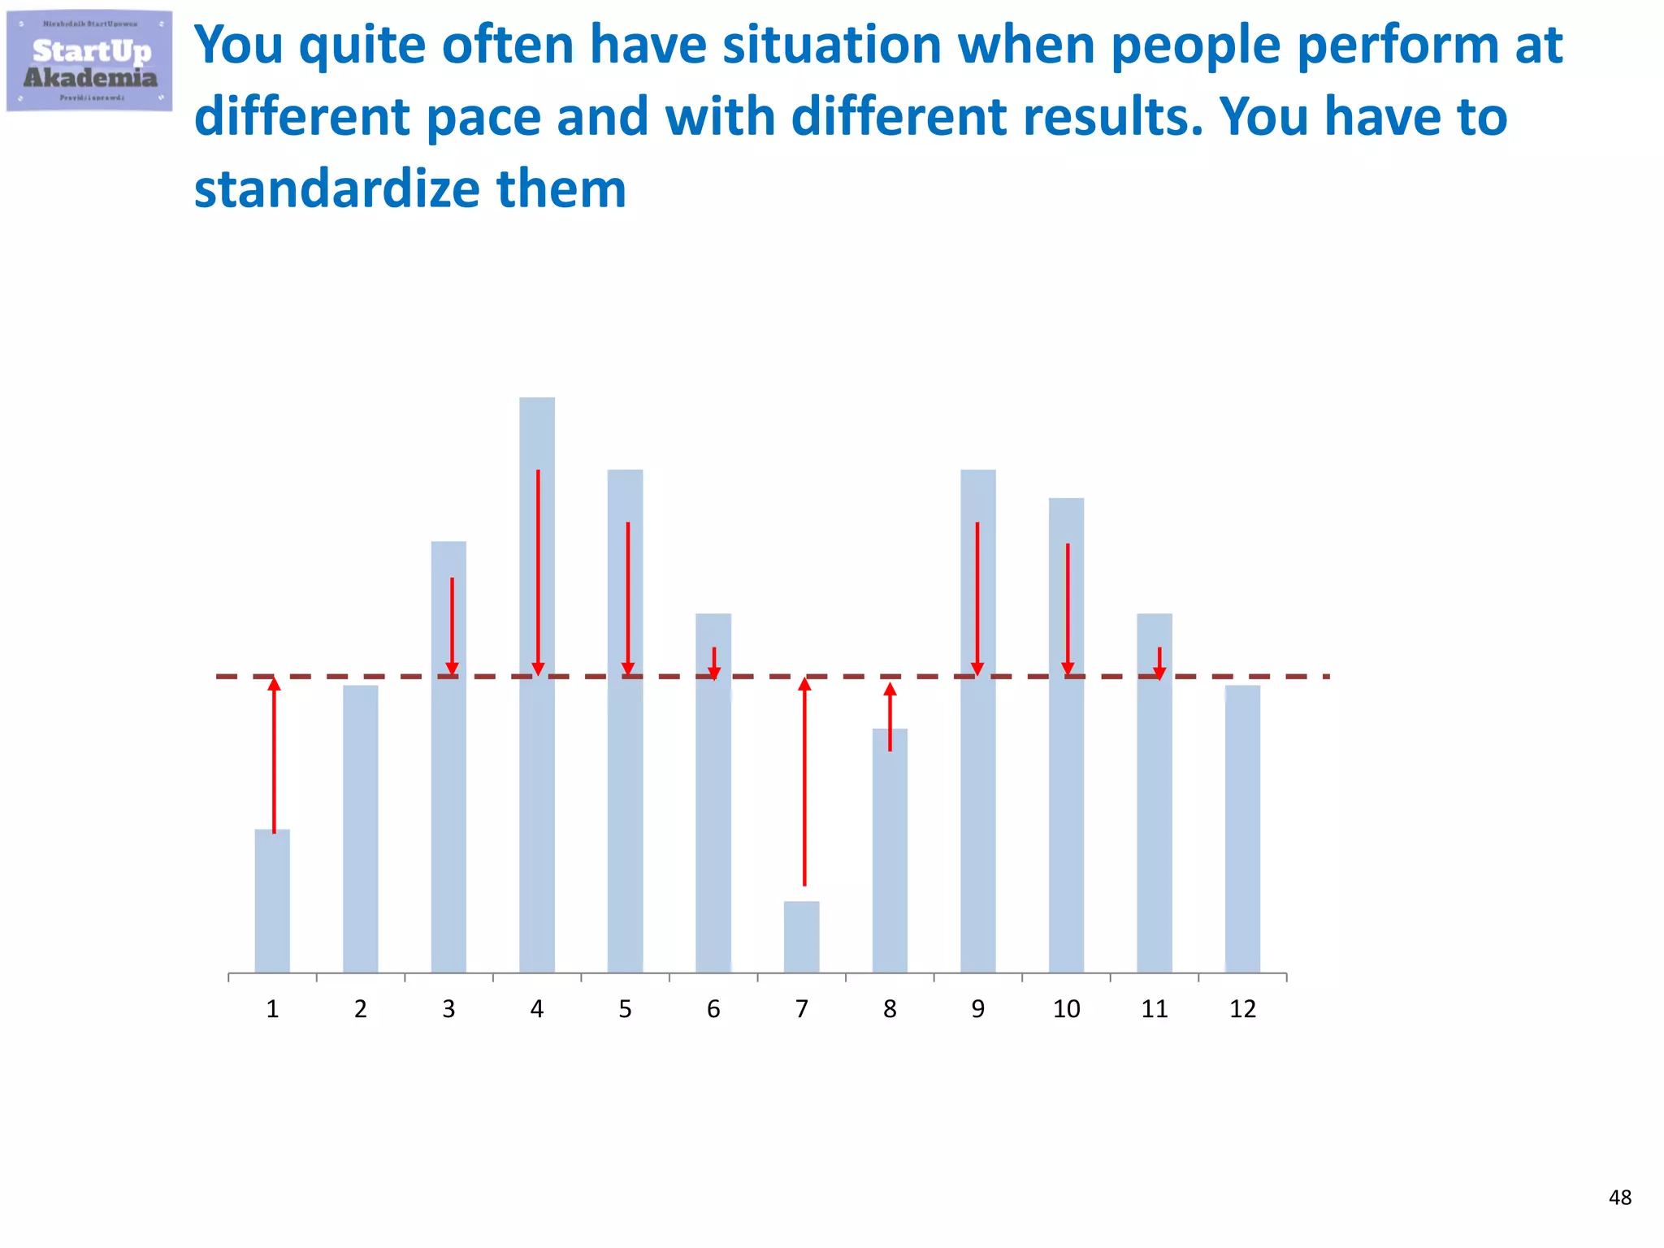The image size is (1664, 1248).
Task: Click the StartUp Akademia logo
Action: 89,62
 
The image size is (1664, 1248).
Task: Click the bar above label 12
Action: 1242,829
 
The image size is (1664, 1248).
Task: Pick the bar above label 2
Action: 360,829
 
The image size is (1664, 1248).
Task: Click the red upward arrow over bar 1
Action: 275,756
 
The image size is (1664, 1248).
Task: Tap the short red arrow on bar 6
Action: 714,663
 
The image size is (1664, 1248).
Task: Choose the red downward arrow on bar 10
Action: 1068,609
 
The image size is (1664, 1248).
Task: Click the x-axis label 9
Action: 977,1009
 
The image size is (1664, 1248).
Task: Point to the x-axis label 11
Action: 1154,1009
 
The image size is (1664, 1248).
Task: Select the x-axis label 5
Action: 625,1009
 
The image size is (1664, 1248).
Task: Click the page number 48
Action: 1619,1198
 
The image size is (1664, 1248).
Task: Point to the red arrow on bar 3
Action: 453,626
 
